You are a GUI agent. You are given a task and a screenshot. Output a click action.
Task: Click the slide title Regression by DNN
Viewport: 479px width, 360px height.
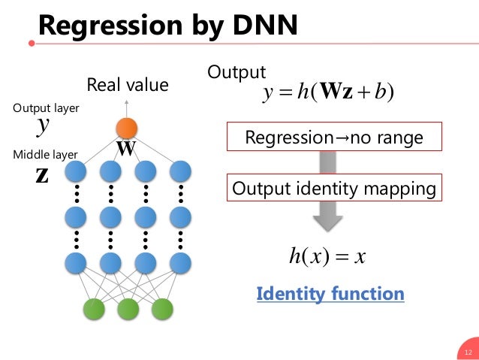point(168,26)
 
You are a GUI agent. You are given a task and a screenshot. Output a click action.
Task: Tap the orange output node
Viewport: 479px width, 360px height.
point(127,129)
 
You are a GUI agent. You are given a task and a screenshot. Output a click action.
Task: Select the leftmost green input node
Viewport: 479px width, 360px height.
point(93,308)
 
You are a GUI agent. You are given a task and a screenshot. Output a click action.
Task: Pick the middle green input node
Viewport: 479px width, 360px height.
point(128,308)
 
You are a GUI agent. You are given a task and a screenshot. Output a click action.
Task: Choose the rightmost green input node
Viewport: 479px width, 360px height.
point(162,308)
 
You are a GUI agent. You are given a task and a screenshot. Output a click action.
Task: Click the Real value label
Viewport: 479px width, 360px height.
point(128,85)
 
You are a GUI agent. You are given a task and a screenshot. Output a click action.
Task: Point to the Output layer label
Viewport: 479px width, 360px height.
point(46,108)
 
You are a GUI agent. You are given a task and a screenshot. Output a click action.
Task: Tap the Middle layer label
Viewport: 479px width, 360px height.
point(46,155)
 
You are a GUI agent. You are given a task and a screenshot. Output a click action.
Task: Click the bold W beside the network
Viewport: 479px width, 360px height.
point(125,149)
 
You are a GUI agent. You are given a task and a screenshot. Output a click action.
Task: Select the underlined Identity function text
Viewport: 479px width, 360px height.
point(330,294)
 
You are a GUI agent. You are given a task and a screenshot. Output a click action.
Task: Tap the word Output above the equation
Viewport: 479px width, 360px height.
point(236,72)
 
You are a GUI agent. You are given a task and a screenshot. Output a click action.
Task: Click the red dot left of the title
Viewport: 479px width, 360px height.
point(31,42)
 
